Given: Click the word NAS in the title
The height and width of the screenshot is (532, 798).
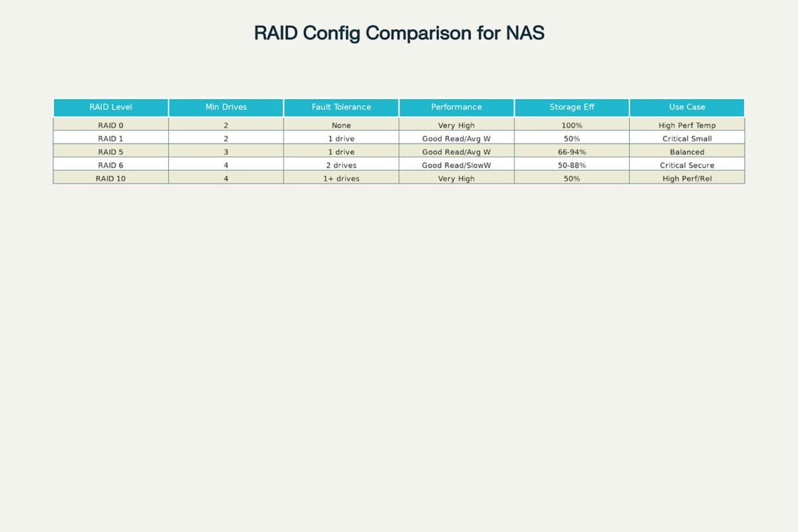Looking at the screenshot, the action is pyautogui.click(x=525, y=33).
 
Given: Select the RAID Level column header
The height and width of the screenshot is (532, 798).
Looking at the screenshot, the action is pyautogui.click(x=110, y=107).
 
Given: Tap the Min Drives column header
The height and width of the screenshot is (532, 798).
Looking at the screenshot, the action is pyautogui.click(x=226, y=107).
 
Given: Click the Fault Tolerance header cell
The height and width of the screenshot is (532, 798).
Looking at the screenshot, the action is pyautogui.click(x=341, y=107).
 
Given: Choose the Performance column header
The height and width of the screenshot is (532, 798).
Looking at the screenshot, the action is pyautogui.click(x=456, y=107).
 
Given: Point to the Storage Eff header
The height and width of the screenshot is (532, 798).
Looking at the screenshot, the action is pyautogui.click(x=572, y=107).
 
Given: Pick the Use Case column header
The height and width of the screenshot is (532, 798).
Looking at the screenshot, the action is pyautogui.click(x=687, y=107).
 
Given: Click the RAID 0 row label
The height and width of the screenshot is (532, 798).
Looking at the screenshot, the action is pyautogui.click(x=110, y=126).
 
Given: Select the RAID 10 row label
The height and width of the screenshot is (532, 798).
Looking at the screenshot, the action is pyautogui.click(x=110, y=178).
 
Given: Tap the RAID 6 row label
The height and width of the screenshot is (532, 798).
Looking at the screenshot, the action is pyautogui.click(x=110, y=166).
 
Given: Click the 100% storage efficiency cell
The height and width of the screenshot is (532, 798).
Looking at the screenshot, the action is pyautogui.click(x=572, y=126).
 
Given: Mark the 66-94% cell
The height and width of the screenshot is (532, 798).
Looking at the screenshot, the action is pyautogui.click(x=572, y=152).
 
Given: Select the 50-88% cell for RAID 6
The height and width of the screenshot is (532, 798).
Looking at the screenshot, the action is pyautogui.click(x=572, y=166).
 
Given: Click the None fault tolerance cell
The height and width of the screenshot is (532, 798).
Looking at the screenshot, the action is pyautogui.click(x=341, y=126).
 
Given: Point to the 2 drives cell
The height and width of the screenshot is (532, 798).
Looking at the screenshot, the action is pyautogui.click(x=341, y=166).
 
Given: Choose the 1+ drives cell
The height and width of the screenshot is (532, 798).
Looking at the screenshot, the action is pyautogui.click(x=341, y=178).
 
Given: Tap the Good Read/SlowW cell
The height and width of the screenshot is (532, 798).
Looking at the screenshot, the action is pyautogui.click(x=456, y=166).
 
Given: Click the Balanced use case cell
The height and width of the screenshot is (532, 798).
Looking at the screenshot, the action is pyautogui.click(x=687, y=152).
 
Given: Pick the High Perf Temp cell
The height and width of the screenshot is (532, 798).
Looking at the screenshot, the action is pyautogui.click(x=687, y=126).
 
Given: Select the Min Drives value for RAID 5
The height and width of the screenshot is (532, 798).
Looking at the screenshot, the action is pyautogui.click(x=226, y=152).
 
